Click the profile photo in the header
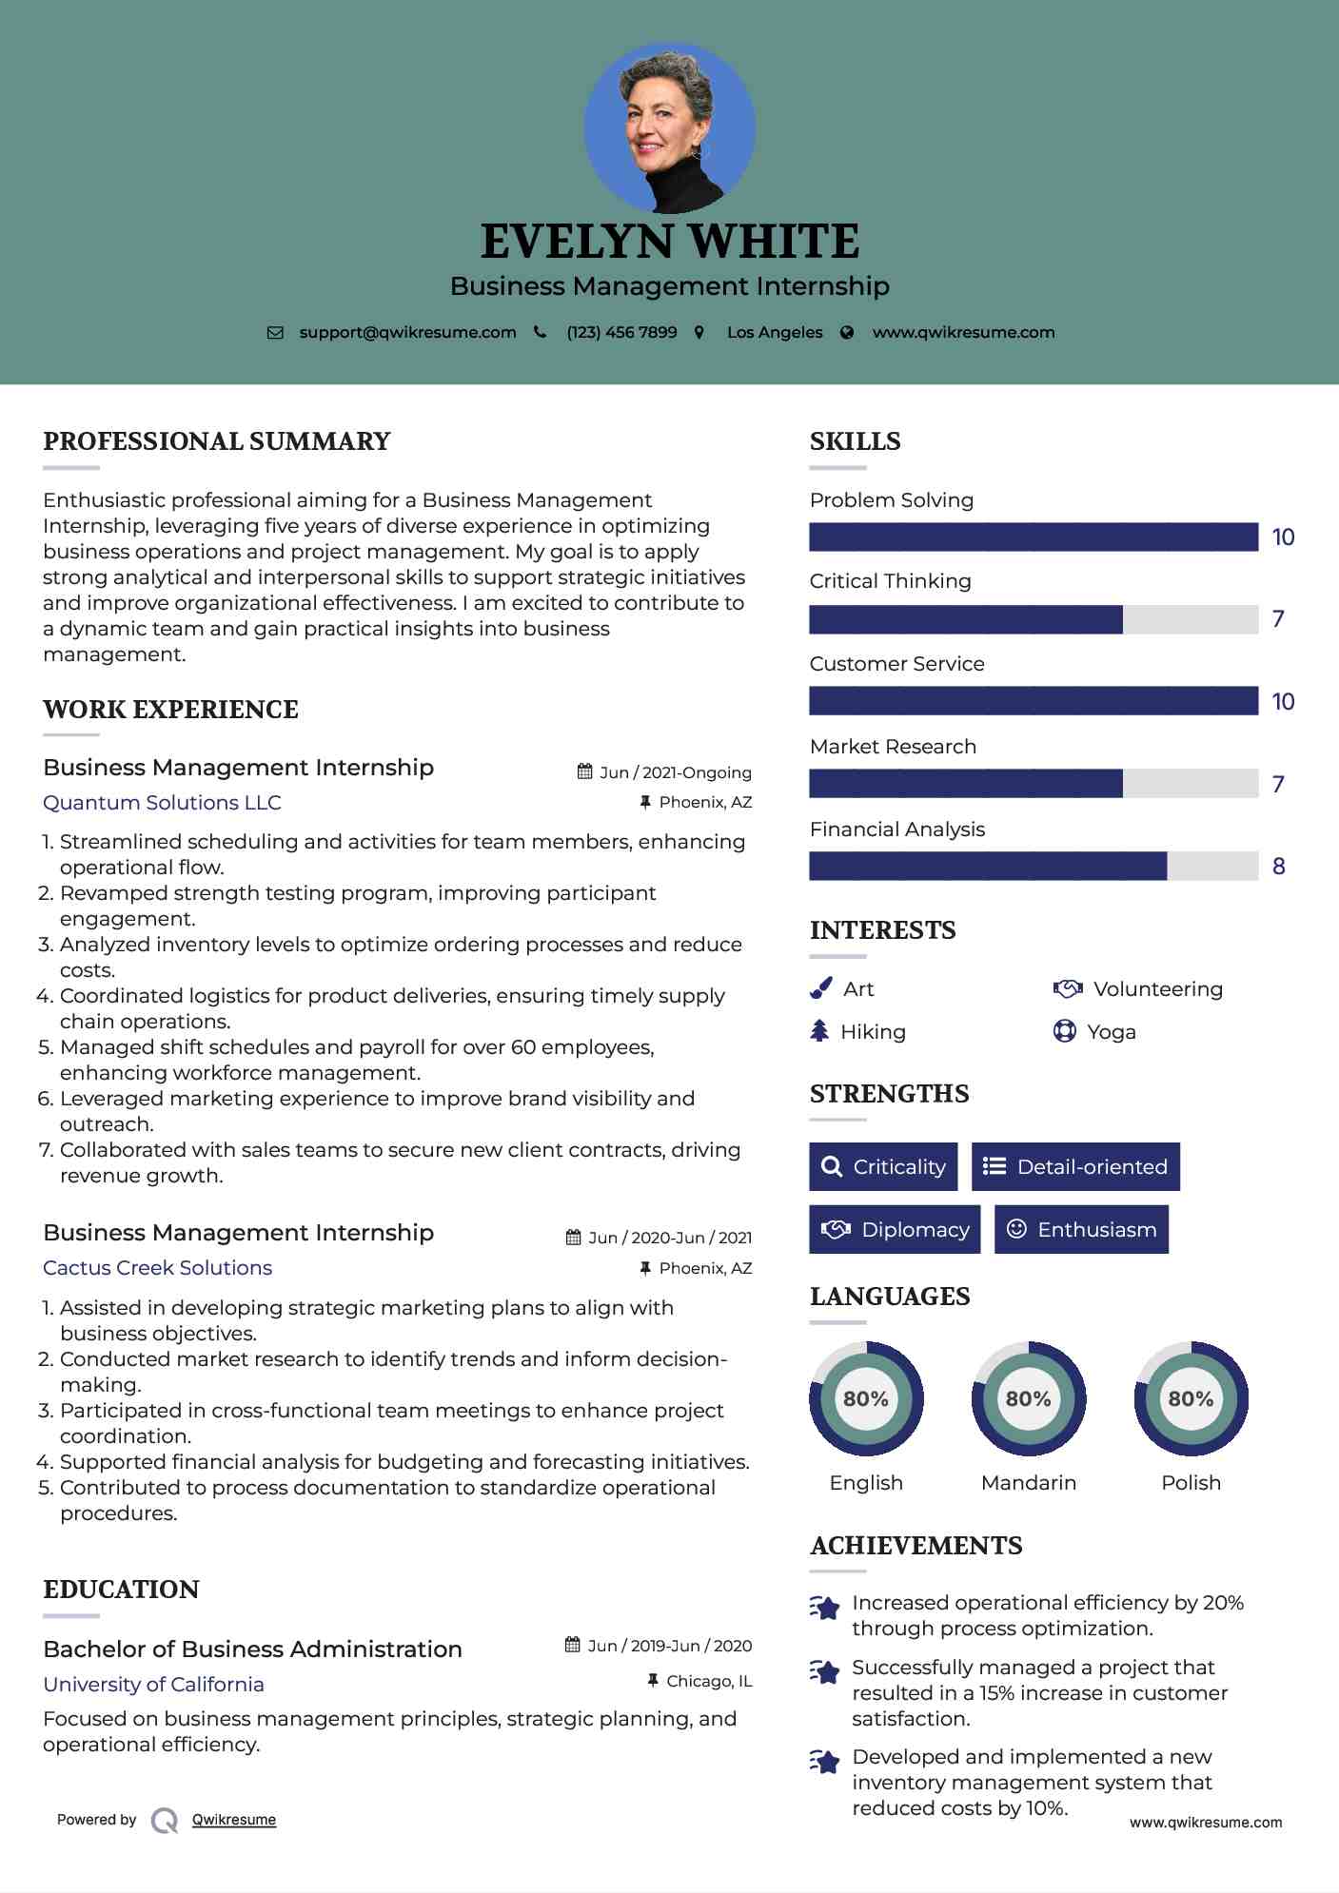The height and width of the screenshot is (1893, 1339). point(670,127)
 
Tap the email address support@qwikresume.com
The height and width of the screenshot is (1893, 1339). point(407,332)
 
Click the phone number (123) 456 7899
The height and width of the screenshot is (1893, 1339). point(621,332)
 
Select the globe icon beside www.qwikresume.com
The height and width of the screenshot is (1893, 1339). point(847,332)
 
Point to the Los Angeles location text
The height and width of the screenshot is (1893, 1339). point(775,332)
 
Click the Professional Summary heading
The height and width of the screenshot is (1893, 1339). point(217,441)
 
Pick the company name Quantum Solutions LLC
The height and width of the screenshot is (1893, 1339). point(162,803)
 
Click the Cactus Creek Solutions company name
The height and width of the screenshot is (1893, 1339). point(157,1268)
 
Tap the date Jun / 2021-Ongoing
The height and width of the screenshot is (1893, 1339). point(675,772)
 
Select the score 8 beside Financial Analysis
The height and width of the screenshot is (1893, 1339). point(1278,867)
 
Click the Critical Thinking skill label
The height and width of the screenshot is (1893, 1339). point(890,581)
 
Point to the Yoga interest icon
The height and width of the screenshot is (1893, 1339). point(1064,1031)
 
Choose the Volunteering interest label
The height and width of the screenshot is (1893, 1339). point(1157,989)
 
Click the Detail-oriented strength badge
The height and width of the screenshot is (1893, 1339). point(1075,1166)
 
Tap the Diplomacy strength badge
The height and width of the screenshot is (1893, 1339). point(895,1229)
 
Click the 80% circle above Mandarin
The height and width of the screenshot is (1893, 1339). point(1028,1398)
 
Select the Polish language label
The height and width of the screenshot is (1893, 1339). point(1191,1482)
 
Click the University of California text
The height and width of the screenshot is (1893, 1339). point(153,1685)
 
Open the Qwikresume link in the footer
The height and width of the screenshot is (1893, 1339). point(234,1820)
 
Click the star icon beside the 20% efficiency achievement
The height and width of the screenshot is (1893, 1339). point(824,1608)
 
